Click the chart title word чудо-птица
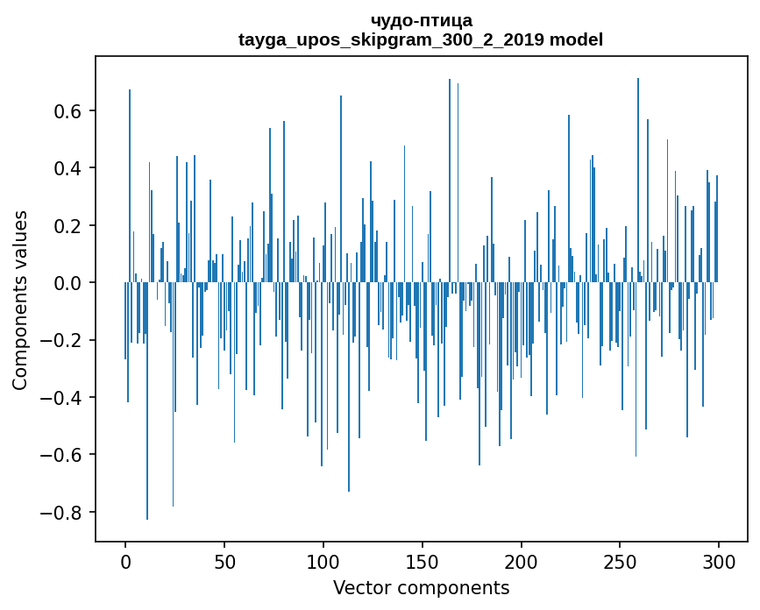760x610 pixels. coord(421,21)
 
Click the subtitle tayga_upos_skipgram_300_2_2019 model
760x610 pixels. coord(421,39)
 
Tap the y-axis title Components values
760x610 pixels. coord(20,300)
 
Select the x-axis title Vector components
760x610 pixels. coord(421,587)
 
